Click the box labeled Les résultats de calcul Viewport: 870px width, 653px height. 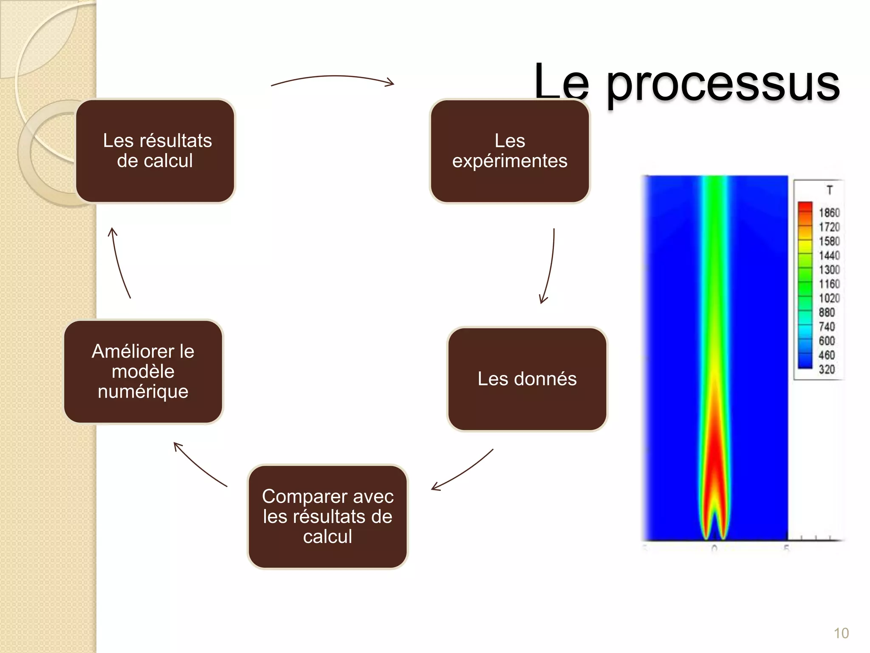tap(155, 151)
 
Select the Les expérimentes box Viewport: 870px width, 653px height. tap(510, 151)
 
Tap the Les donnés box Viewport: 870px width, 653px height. tap(527, 379)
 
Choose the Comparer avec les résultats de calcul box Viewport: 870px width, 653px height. tap(328, 517)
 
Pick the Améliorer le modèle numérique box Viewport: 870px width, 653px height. tap(143, 372)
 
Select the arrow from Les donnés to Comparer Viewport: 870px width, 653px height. tap(463, 471)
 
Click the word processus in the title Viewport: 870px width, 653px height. tap(723, 83)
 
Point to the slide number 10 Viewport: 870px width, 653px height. tap(841, 633)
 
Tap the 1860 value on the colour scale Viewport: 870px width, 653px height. tap(829, 213)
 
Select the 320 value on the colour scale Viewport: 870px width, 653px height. tap(827, 369)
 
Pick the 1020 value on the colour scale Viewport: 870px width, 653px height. tap(829, 298)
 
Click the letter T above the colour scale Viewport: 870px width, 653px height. tap(829, 190)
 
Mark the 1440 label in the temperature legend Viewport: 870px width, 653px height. tap(829, 256)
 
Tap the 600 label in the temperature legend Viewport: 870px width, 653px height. tap(827, 341)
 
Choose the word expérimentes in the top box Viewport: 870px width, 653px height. tap(510, 161)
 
